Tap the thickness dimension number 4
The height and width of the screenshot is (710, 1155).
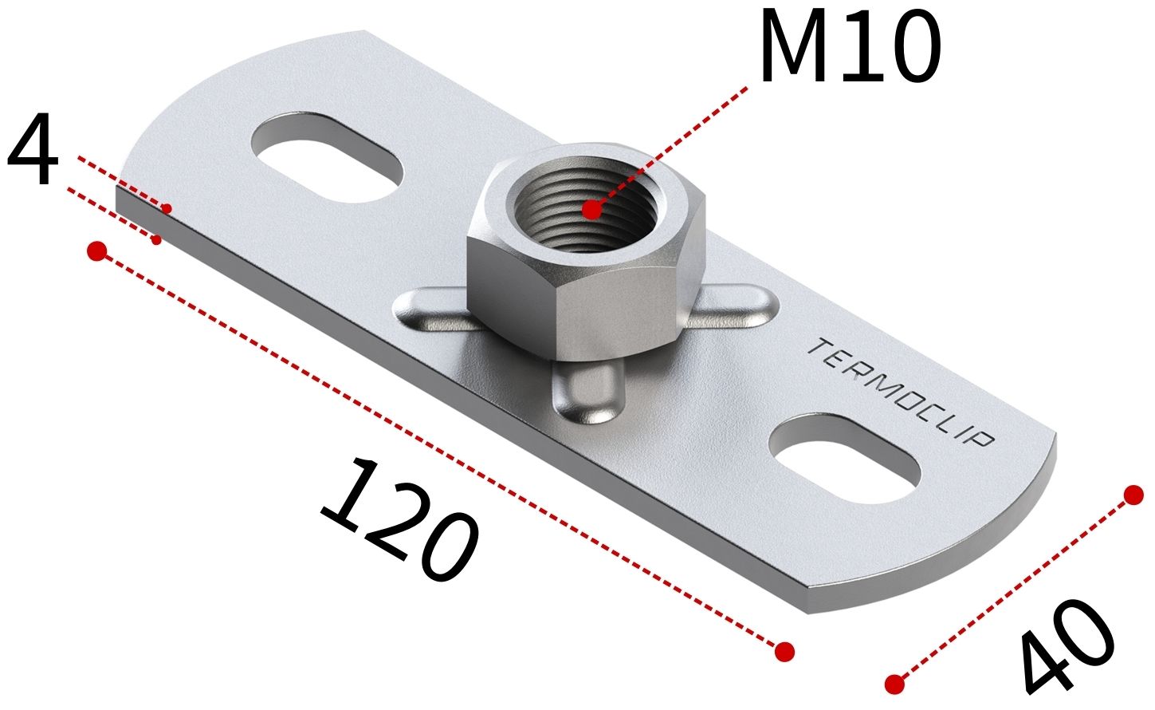[32, 149]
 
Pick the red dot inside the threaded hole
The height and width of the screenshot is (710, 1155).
[592, 210]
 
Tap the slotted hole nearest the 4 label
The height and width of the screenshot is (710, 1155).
[327, 156]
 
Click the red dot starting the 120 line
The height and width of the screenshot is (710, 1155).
[97, 251]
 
